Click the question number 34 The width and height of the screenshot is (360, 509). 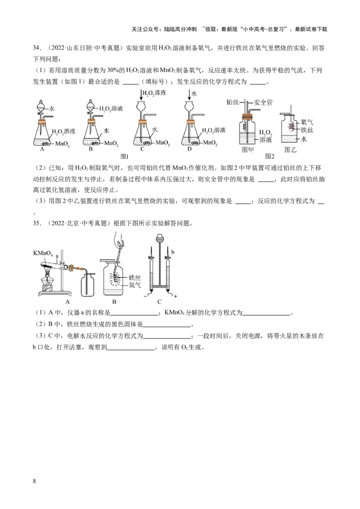pyautogui.click(x=36, y=48)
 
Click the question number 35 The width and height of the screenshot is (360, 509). pyautogui.click(x=36, y=223)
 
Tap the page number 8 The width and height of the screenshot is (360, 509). pyautogui.click(x=35, y=481)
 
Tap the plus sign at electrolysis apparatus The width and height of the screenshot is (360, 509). pyautogui.click(x=175, y=296)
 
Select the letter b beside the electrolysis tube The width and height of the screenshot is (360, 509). pyautogui.click(x=173, y=252)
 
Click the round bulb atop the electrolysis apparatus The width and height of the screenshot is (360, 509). pyautogui.click(x=159, y=239)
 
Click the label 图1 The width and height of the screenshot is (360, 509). pyautogui.click(x=125, y=156)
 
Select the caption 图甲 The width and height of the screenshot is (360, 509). pyautogui.click(x=247, y=150)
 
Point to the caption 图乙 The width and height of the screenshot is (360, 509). pyautogui.click(x=290, y=150)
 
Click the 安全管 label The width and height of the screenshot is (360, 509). pyautogui.click(x=263, y=103)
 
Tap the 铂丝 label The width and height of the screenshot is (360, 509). pyautogui.click(x=233, y=102)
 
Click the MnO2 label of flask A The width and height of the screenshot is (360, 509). pyautogui.click(x=63, y=144)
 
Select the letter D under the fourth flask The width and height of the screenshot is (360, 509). pyautogui.click(x=189, y=149)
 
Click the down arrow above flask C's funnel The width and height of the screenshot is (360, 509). pyautogui.click(x=141, y=95)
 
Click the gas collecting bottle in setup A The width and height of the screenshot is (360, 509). pyautogui.click(x=88, y=284)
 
